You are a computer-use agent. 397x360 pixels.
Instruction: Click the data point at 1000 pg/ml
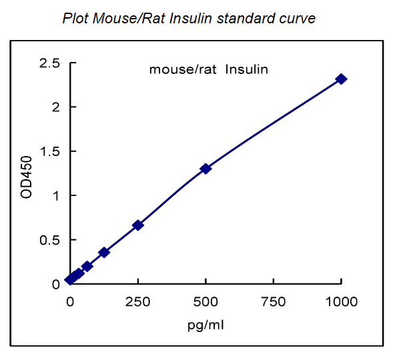(x=342, y=79)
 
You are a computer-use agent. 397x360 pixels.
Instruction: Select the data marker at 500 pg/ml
(x=206, y=169)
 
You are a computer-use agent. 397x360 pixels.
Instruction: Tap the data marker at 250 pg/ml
(x=138, y=225)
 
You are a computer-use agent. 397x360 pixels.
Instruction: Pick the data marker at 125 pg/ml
(x=104, y=252)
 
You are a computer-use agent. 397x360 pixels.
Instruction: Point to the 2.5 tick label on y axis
(x=49, y=63)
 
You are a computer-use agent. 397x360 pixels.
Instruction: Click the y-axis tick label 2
(x=56, y=107)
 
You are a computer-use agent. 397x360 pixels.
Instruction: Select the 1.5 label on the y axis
(x=49, y=151)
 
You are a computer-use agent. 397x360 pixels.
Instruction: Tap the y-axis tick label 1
(x=56, y=195)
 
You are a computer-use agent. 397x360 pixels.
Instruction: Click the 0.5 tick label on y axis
(x=49, y=240)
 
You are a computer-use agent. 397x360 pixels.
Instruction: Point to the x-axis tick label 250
(x=138, y=301)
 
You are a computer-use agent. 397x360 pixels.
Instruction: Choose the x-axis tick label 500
(x=206, y=301)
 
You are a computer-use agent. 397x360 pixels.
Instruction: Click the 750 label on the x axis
(x=274, y=301)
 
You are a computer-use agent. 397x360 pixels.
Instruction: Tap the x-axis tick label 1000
(x=342, y=301)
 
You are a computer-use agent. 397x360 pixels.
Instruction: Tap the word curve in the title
(x=298, y=19)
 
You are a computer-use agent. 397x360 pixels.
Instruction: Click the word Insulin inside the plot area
(x=247, y=69)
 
